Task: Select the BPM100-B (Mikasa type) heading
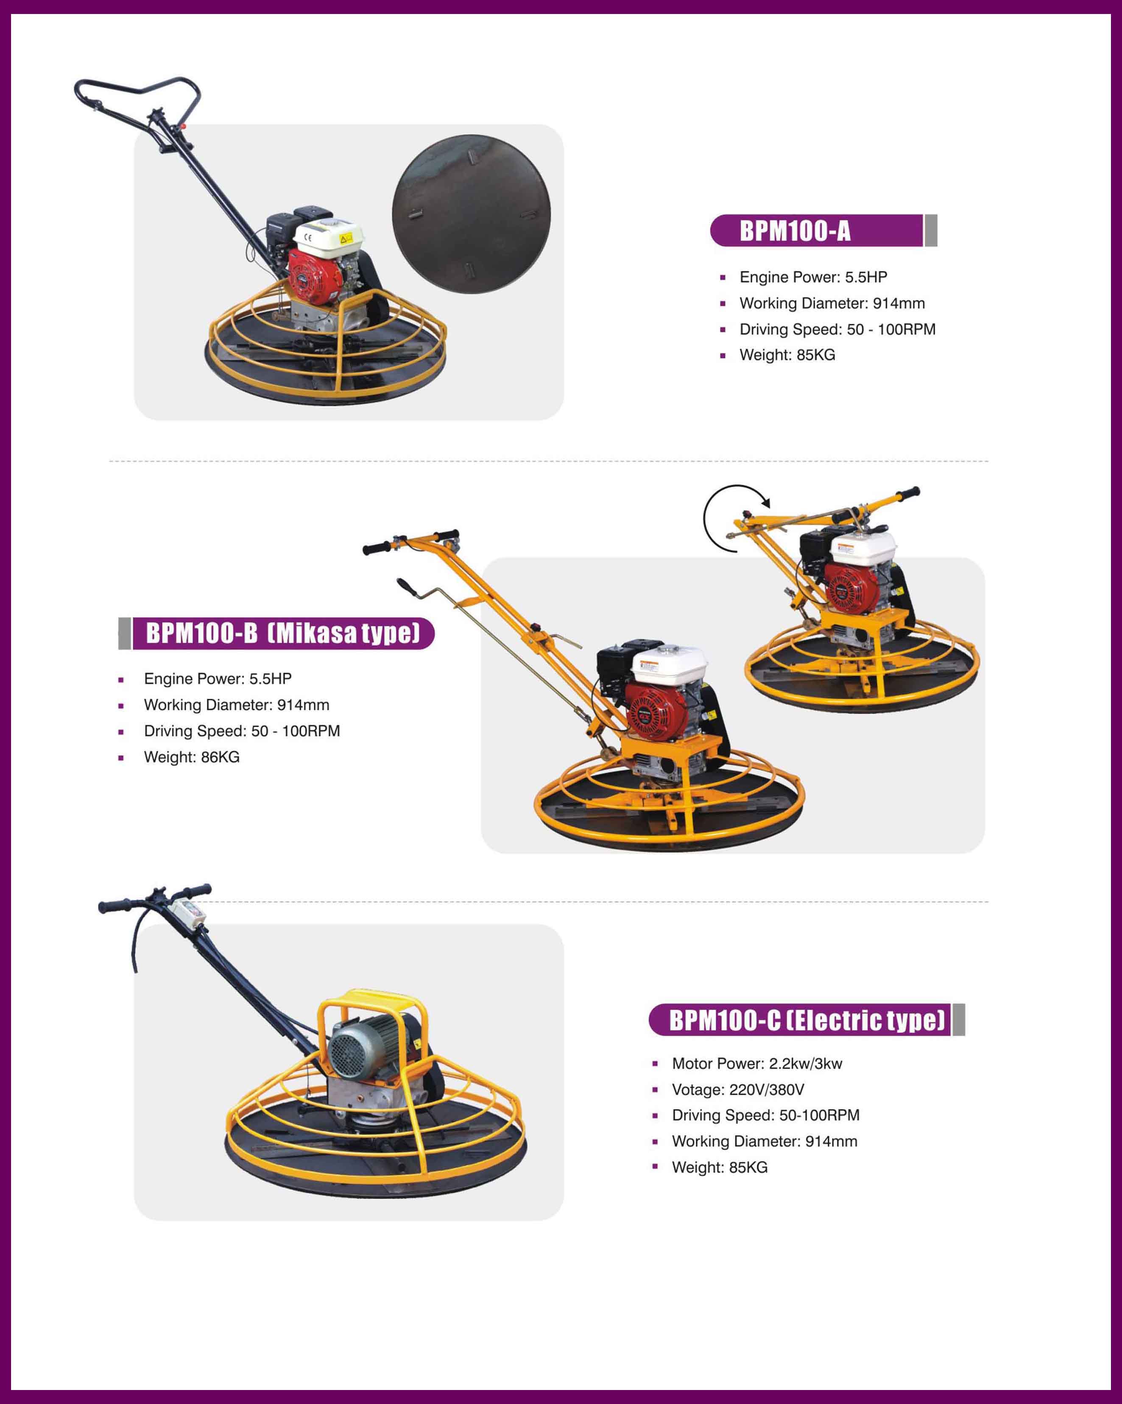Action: click(x=283, y=633)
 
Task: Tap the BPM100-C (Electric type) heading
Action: click(x=807, y=1020)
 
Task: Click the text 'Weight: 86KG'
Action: click(x=192, y=757)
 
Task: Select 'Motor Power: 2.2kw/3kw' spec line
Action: click(x=757, y=1063)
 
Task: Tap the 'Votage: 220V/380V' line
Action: click(x=738, y=1090)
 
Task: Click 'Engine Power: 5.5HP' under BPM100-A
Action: click(x=813, y=278)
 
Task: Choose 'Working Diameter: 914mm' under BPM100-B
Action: click(x=237, y=705)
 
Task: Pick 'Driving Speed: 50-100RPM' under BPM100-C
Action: click(x=765, y=1115)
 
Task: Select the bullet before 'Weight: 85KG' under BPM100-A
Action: click(x=723, y=356)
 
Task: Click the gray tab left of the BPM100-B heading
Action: click(x=124, y=633)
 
